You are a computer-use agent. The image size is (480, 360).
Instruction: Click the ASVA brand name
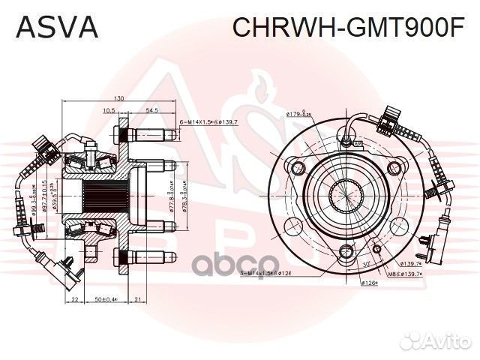(57, 28)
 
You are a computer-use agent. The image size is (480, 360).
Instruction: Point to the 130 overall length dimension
(119, 99)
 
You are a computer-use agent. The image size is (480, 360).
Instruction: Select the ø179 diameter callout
(298, 114)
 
